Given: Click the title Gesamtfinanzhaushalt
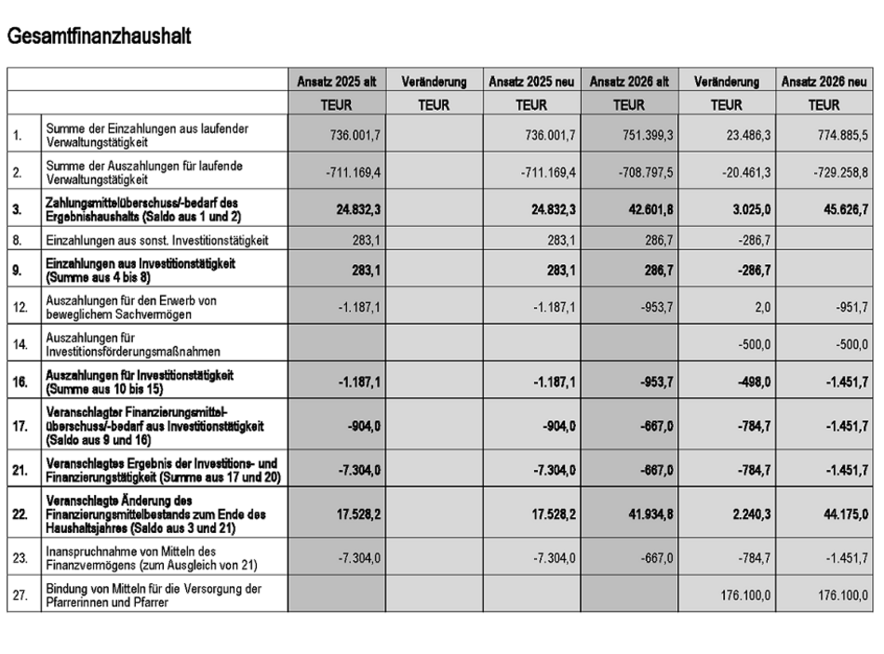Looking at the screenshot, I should [99, 36].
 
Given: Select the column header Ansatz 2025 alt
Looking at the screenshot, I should [336, 82].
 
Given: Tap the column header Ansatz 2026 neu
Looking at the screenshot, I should [825, 82].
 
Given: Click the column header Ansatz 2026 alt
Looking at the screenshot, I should [630, 82].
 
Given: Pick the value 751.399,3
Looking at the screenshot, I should [642, 135].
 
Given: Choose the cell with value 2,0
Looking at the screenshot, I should [757, 308].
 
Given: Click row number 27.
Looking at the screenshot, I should [18, 595].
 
